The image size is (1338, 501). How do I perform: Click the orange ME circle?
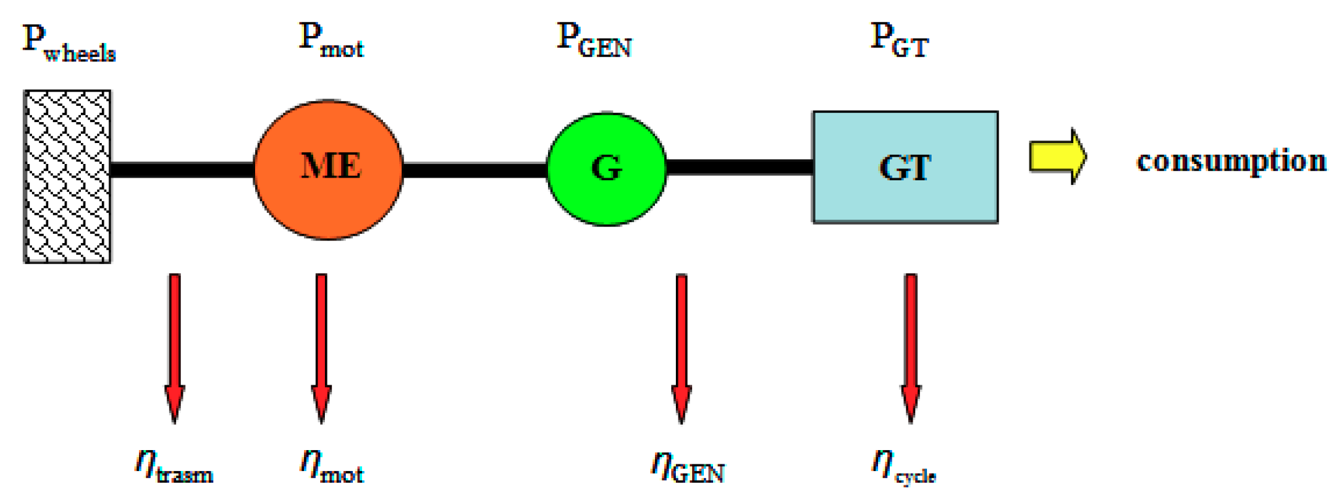tap(328, 170)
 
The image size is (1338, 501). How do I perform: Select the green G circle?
tap(607, 169)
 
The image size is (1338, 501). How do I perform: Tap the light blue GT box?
tap(905, 167)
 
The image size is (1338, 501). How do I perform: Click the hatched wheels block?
tap(67, 176)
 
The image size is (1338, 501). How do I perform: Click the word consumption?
tap(1231, 161)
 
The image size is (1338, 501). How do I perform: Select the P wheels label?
tap(68, 43)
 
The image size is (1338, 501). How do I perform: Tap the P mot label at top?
tap(331, 40)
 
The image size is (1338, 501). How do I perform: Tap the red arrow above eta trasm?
tap(174, 346)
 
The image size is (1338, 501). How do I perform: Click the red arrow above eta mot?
tap(321, 346)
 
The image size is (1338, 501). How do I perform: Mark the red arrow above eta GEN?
tap(681, 346)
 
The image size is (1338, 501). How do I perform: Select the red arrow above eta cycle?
tap(911, 346)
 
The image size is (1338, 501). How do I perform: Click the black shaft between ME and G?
tap(474, 170)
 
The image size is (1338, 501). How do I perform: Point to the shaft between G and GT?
tap(739, 167)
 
